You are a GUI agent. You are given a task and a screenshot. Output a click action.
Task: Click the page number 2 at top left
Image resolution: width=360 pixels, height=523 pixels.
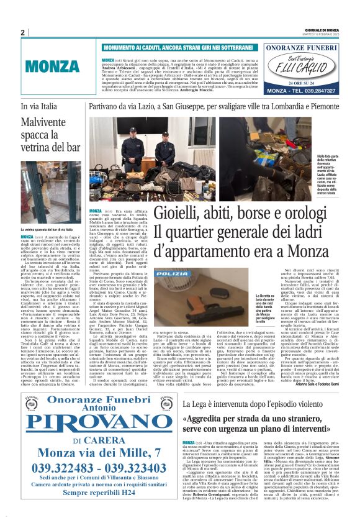[22, 32]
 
